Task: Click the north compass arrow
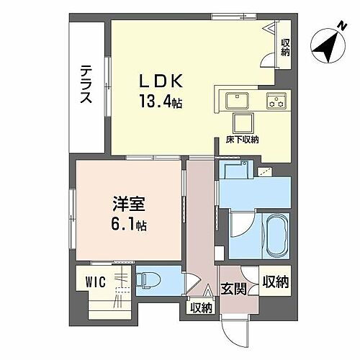[x=328, y=49]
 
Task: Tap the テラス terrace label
[x=85, y=84]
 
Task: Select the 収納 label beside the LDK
[x=285, y=48]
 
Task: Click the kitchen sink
[x=237, y=100]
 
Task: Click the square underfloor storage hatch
[x=241, y=122]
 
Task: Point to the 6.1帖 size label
[x=127, y=225]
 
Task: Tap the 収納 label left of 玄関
[x=202, y=308]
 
